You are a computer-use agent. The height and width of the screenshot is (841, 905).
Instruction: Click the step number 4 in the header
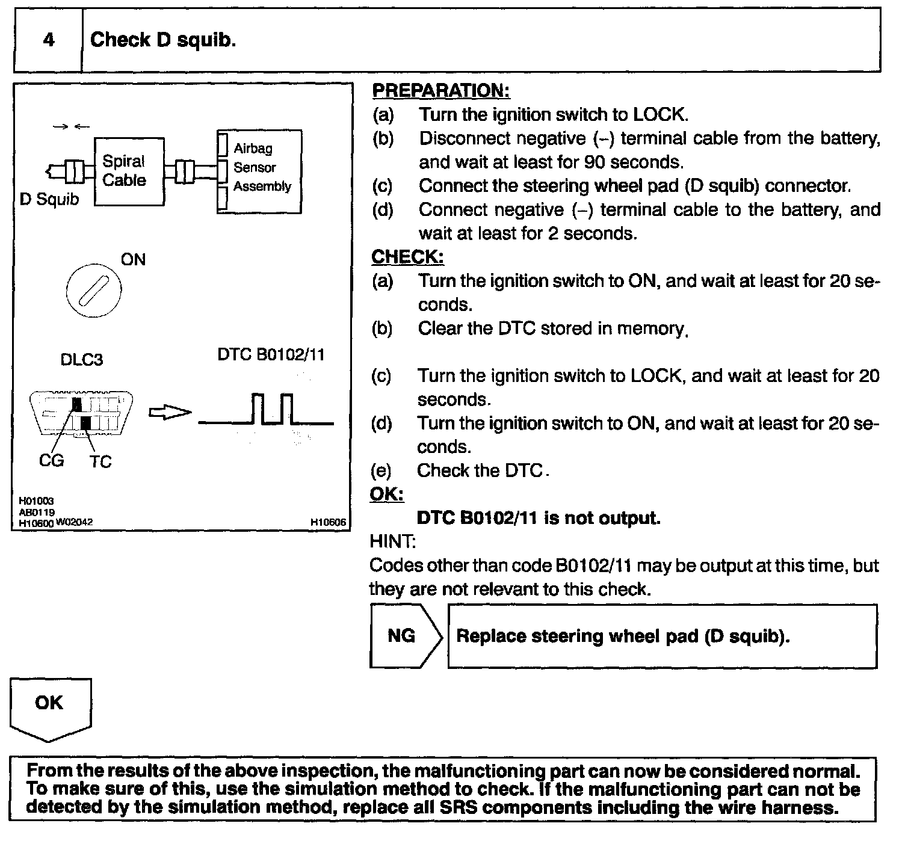pyautogui.click(x=49, y=40)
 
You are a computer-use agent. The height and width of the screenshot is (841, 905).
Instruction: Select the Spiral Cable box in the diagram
pyautogui.click(x=129, y=171)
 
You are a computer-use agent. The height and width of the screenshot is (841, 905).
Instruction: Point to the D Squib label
pyautogui.click(x=49, y=199)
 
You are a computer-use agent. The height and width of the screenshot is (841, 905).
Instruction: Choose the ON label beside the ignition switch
pyautogui.click(x=133, y=259)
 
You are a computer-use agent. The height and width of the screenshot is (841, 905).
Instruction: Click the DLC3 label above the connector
pyautogui.click(x=82, y=360)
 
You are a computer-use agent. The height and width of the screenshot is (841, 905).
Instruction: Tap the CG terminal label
pyautogui.click(x=51, y=461)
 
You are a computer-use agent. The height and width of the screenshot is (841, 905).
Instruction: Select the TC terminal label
pyautogui.click(x=100, y=461)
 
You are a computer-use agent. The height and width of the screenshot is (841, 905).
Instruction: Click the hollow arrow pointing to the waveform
pyautogui.click(x=170, y=413)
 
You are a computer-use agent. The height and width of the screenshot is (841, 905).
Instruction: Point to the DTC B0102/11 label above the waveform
pyautogui.click(x=271, y=354)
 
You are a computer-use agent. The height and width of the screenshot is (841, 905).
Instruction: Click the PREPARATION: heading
pyautogui.click(x=441, y=90)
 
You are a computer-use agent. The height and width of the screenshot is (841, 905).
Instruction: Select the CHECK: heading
pyautogui.click(x=407, y=257)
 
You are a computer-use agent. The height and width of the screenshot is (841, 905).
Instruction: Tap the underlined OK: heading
pyautogui.click(x=386, y=494)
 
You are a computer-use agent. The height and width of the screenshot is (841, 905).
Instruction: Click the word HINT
pyautogui.click(x=392, y=541)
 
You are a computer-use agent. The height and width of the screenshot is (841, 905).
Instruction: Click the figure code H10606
pyautogui.click(x=328, y=523)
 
